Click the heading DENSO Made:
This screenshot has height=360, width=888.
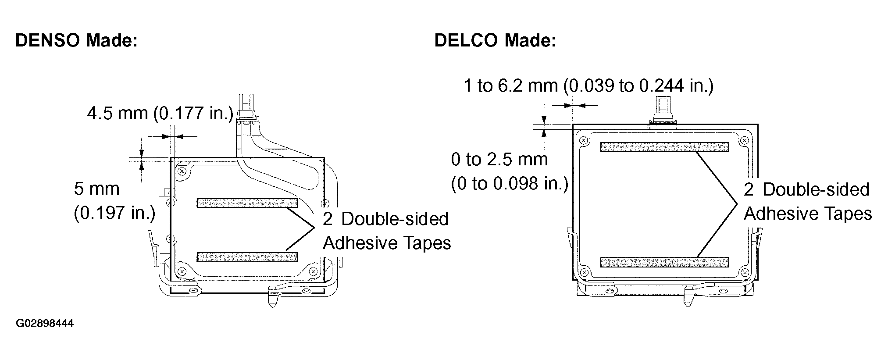point(77,40)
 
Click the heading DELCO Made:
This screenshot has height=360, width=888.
point(495,40)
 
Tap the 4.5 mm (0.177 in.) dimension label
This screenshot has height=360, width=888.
point(160,114)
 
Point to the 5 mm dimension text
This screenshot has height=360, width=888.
point(96,189)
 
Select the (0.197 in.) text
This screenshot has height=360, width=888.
point(114,213)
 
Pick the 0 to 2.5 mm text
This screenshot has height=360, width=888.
point(499,159)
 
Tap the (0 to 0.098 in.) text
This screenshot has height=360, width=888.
point(510,183)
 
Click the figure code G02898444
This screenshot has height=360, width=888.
point(45,324)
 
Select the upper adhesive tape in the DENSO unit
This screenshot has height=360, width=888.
point(247,203)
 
